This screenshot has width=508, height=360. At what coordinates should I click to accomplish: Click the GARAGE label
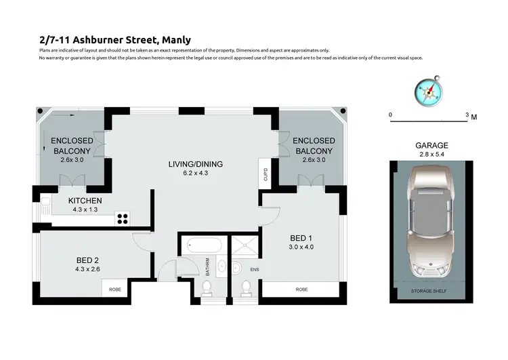431,146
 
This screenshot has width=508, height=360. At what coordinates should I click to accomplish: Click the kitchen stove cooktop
123,218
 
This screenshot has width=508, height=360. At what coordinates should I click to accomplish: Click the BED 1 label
301,238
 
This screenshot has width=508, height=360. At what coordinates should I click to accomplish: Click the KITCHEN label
85,201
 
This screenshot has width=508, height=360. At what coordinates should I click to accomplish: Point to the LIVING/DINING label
196,164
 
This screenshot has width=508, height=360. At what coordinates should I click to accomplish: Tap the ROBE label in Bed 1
301,289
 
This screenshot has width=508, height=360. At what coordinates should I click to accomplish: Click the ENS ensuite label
255,269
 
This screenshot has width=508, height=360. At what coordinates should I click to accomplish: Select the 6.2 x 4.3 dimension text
196,174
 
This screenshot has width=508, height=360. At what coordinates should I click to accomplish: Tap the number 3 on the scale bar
467,115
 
